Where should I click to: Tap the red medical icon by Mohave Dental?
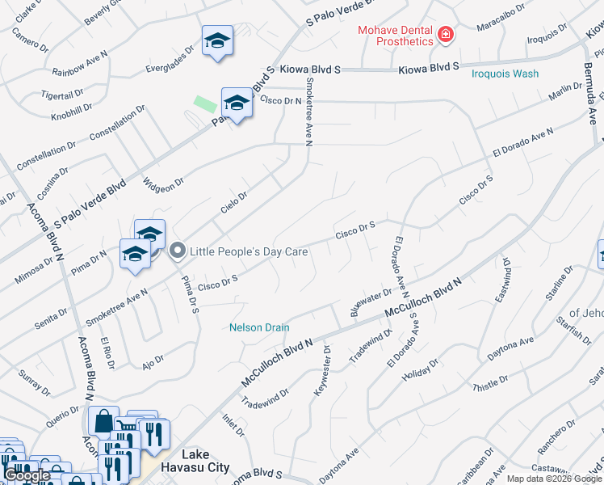[445, 35]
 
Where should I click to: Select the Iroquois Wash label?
[505, 74]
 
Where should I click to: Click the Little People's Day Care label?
[249, 251]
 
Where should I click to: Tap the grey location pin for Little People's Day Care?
[178, 251]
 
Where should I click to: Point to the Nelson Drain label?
[258, 327]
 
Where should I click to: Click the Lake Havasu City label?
[206, 461]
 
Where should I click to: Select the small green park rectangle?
[205, 104]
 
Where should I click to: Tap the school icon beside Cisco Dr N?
[237, 103]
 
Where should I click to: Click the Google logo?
[27, 475]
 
